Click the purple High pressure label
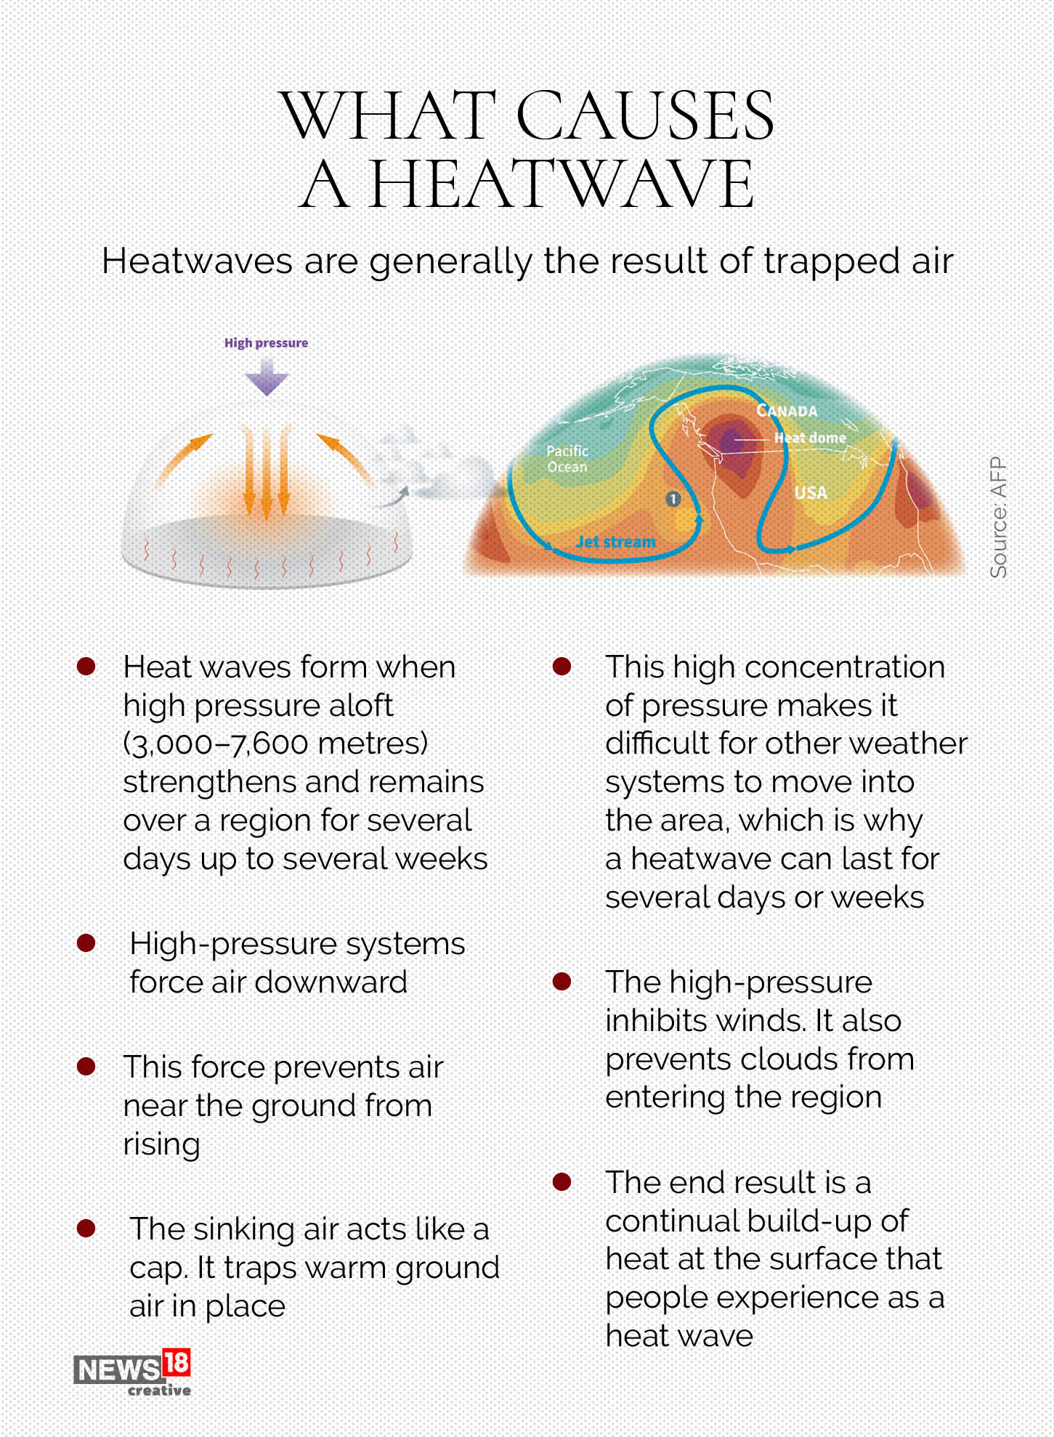(266, 343)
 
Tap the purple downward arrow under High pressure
(267, 378)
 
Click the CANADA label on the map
(787, 411)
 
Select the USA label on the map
(811, 493)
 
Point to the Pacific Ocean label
(567, 459)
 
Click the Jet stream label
(615, 542)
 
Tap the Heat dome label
(810, 438)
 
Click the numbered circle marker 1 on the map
(673, 499)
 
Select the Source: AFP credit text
(999, 517)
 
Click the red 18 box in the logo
(177, 1363)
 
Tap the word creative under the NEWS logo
(159, 1391)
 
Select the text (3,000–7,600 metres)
(275, 744)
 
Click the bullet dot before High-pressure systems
(86, 943)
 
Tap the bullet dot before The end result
(562, 1182)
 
